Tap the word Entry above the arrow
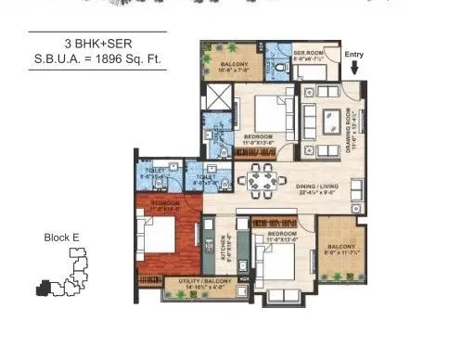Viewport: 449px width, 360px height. click(354, 55)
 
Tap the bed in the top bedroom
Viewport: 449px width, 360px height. click(268, 115)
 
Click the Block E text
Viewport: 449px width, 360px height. click(62, 238)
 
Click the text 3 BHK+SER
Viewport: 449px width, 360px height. click(97, 45)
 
